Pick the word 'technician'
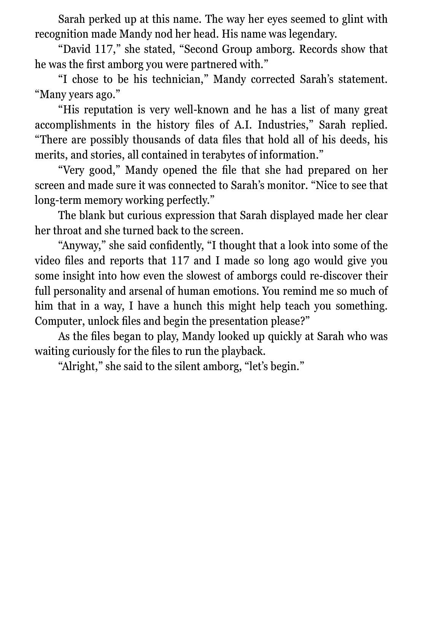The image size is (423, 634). (x=177, y=79)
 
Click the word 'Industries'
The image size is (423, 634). (x=284, y=125)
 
